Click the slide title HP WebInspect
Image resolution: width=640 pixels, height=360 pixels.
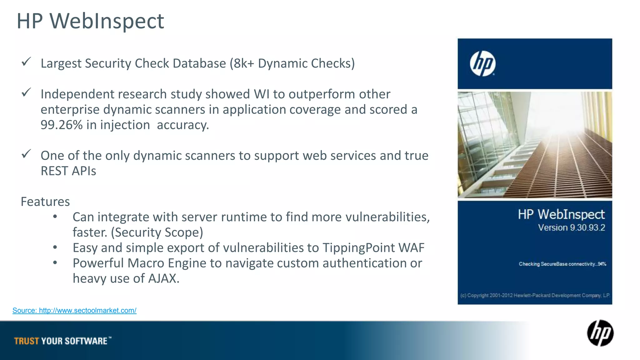tap(90, 21)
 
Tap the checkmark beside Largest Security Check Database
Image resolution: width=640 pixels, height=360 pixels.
tap(26, 62)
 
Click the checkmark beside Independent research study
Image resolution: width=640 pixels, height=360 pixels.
tap(26, 92)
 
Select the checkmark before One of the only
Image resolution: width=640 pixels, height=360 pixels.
tap(26, 154)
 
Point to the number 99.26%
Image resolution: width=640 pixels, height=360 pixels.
tap(62, 125)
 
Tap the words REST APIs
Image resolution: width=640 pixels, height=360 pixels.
tap(68, 171)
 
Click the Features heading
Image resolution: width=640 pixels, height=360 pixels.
tap(45, 202)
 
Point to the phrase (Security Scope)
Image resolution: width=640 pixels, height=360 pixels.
tap(157, 232)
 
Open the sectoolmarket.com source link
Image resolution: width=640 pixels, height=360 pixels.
tap(74, 311)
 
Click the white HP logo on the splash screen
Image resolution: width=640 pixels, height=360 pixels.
tap(482, 64)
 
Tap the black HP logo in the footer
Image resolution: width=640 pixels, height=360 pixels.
tap(600, 333)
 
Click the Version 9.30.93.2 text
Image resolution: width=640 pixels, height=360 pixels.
tap(571, 228)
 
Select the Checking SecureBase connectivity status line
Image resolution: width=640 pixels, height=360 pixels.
tap(562, 264)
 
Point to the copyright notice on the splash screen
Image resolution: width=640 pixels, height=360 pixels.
tap(535, 295)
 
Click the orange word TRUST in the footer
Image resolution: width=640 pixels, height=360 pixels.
tap(27, 341)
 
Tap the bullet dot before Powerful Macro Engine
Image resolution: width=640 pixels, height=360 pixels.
tap(55, 263)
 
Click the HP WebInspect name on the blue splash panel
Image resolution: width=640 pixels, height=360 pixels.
tap(561, 215)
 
